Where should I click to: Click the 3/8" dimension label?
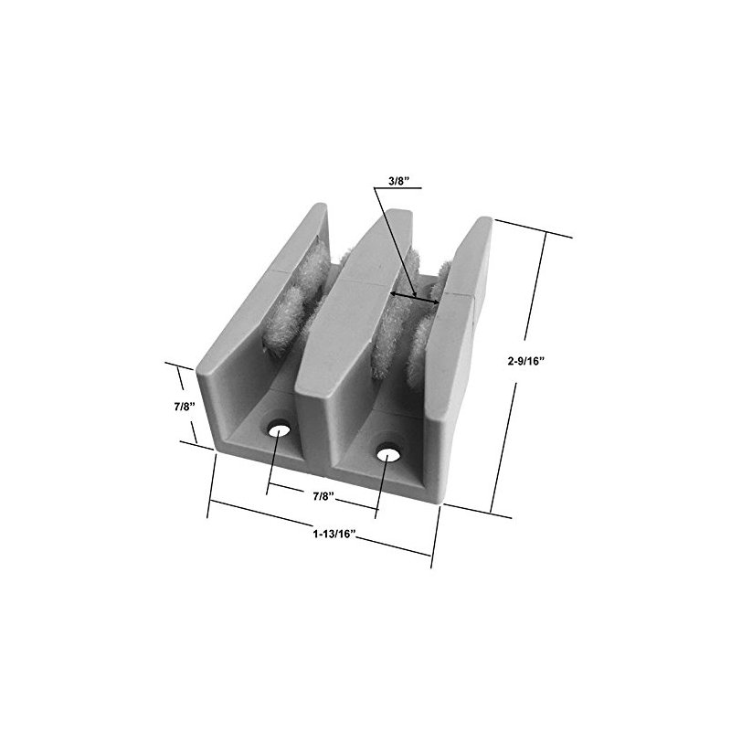coord(398,181)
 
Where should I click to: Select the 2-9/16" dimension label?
coord(526,361)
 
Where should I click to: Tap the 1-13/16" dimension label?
coord(334,534)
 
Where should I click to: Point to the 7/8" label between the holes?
coord(324,496)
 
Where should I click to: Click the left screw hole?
coord(279,429)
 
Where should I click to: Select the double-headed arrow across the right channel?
coord(415,298)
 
